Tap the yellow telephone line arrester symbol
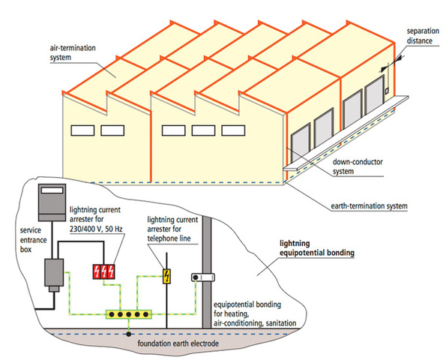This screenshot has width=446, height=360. pyautogui.click(x=167, y=277)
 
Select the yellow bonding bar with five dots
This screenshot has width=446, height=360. pyautogui.click(x=129, y=315)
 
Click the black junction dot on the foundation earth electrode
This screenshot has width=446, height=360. pyautogui.click(x=128, y=331)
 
